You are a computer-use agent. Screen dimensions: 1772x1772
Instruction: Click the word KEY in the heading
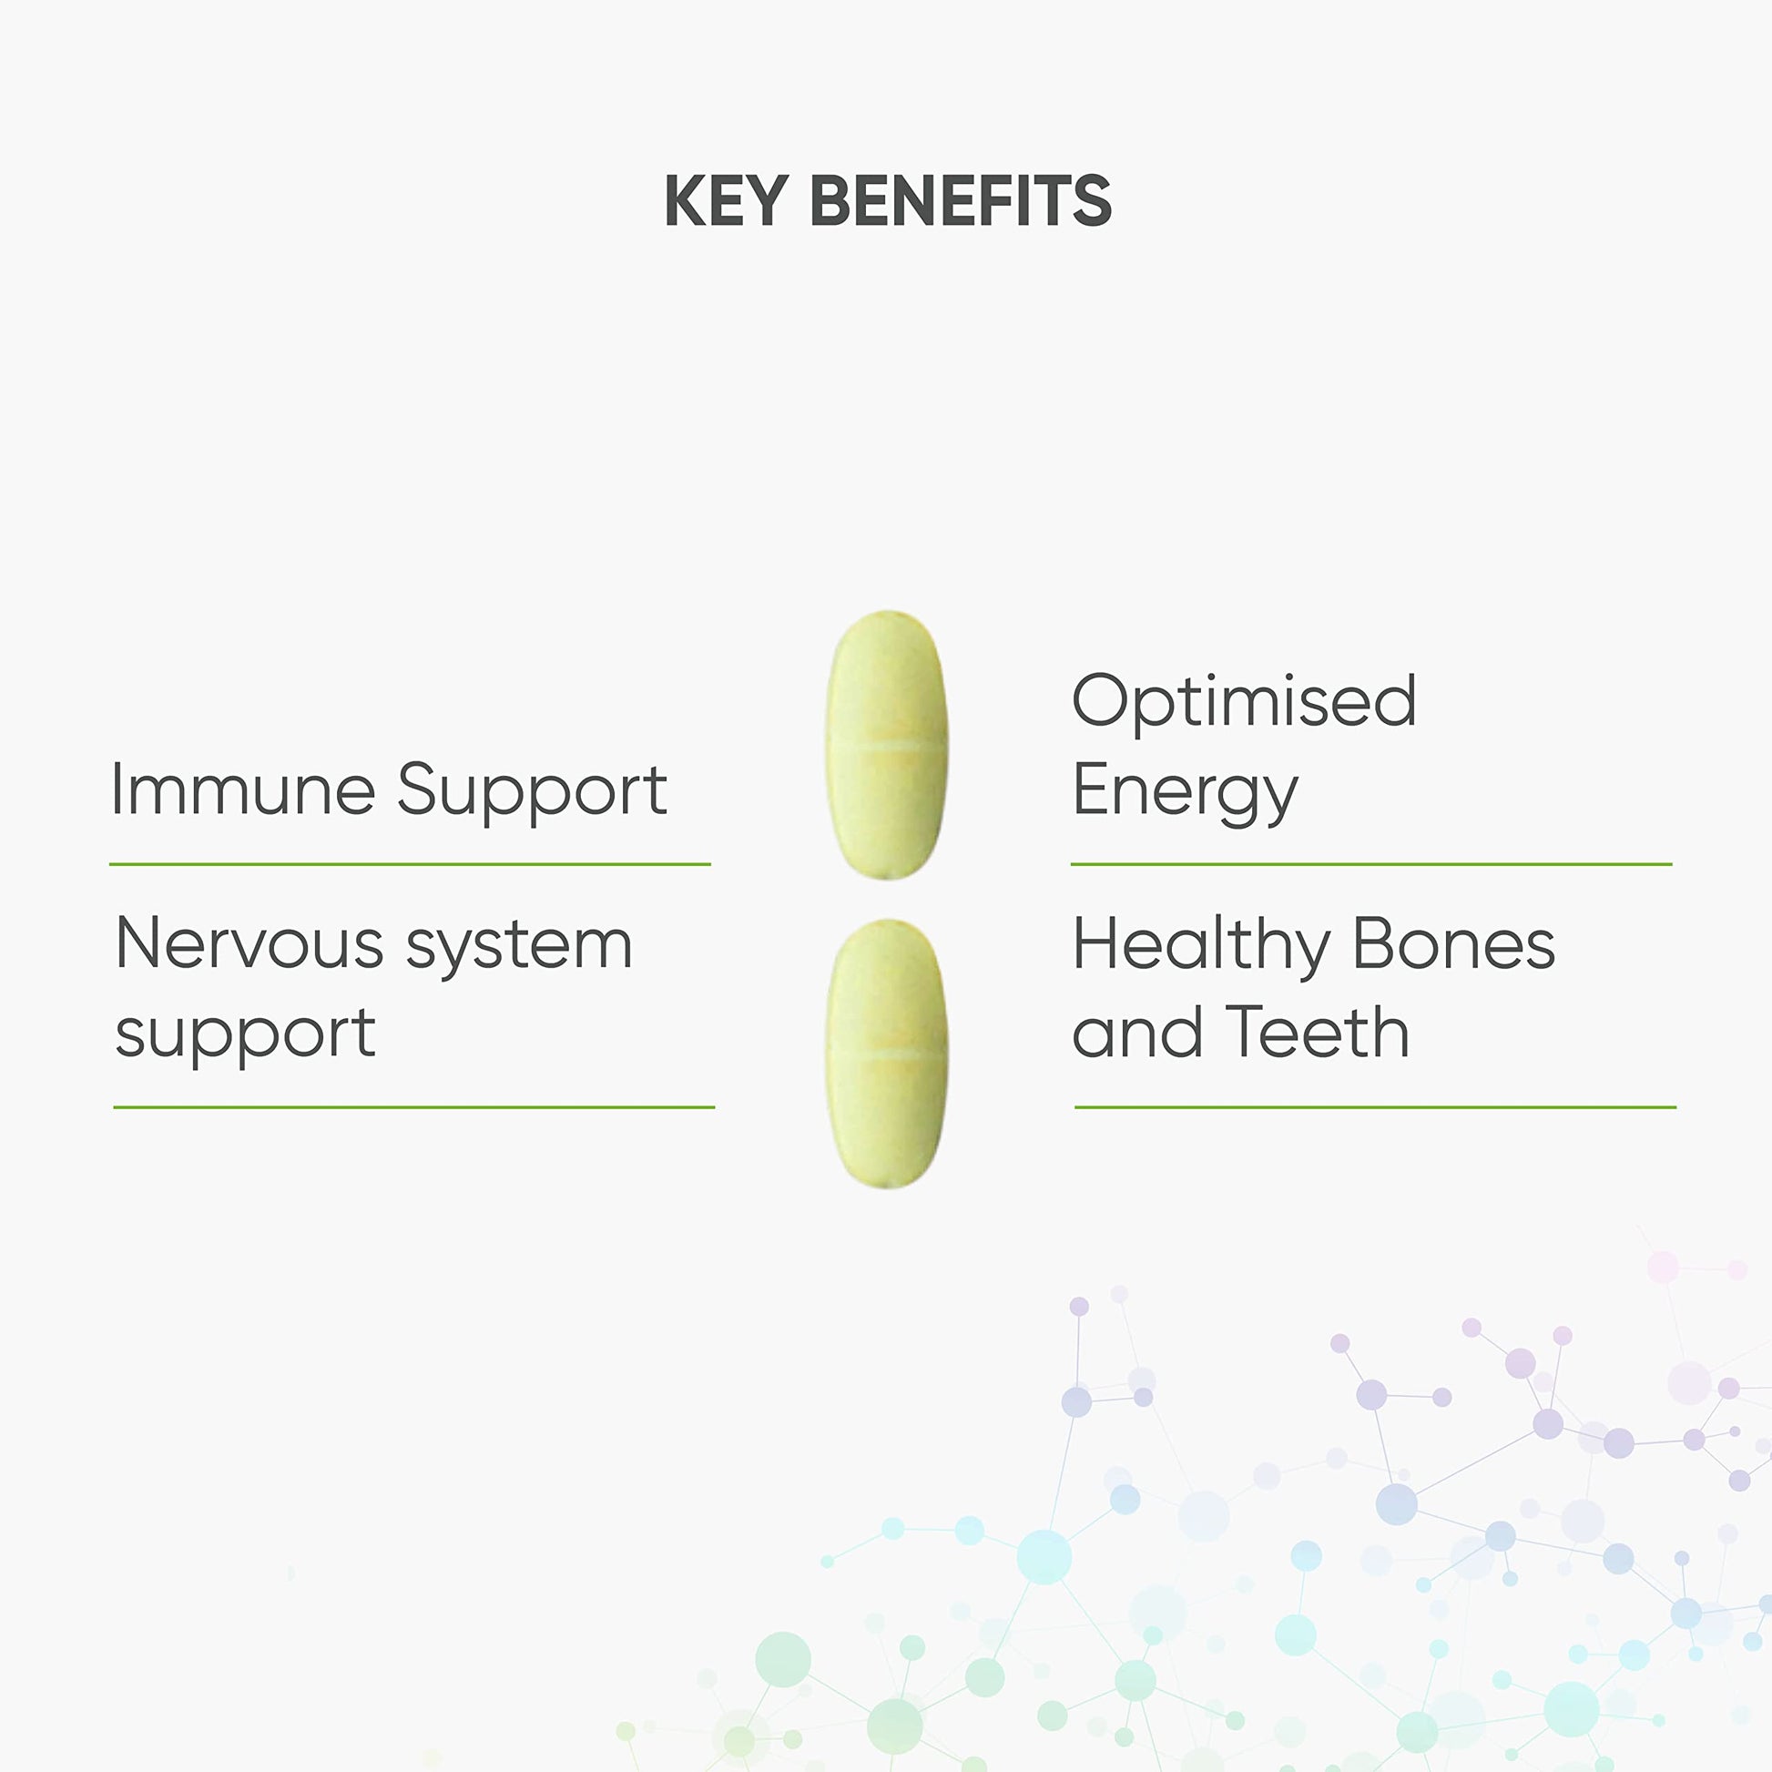coord(726,200)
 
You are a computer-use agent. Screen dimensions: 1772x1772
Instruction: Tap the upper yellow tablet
coord(886,745)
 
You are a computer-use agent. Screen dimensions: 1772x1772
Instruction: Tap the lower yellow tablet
coord(886,1054)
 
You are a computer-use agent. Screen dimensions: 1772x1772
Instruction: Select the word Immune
coord(243,789)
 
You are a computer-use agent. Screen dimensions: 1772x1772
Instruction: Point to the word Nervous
coord(250,942)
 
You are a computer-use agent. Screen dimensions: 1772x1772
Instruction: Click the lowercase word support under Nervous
coord(245,1036)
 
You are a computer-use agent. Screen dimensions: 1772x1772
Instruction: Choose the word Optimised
coord(1245,703)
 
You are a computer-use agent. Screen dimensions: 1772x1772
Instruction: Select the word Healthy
coord(1201,946)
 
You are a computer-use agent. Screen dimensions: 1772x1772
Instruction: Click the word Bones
coord(1453,942)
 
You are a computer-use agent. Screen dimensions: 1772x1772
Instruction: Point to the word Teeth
coord(1317,1032)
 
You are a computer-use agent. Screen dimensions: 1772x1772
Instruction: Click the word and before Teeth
coord(1137,1032)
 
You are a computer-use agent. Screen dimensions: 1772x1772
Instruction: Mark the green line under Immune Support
coord(410,864)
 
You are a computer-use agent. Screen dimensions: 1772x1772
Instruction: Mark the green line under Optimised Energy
coord(1371,864)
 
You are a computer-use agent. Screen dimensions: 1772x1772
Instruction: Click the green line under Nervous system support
coord(413,1107)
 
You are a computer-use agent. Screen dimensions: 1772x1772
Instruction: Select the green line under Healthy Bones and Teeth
coord(1375,1107)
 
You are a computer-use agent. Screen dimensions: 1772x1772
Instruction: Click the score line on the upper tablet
coord(886,748)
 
